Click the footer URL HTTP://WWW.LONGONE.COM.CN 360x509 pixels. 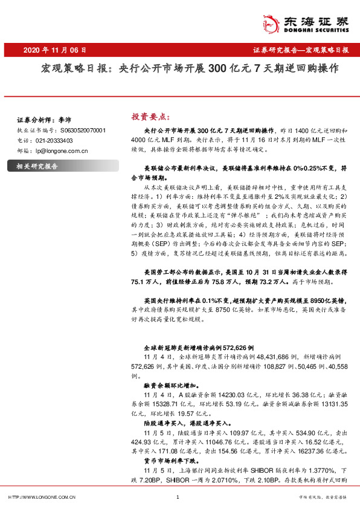[x=41, y=497]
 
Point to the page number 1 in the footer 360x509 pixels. [x=178, y=497]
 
